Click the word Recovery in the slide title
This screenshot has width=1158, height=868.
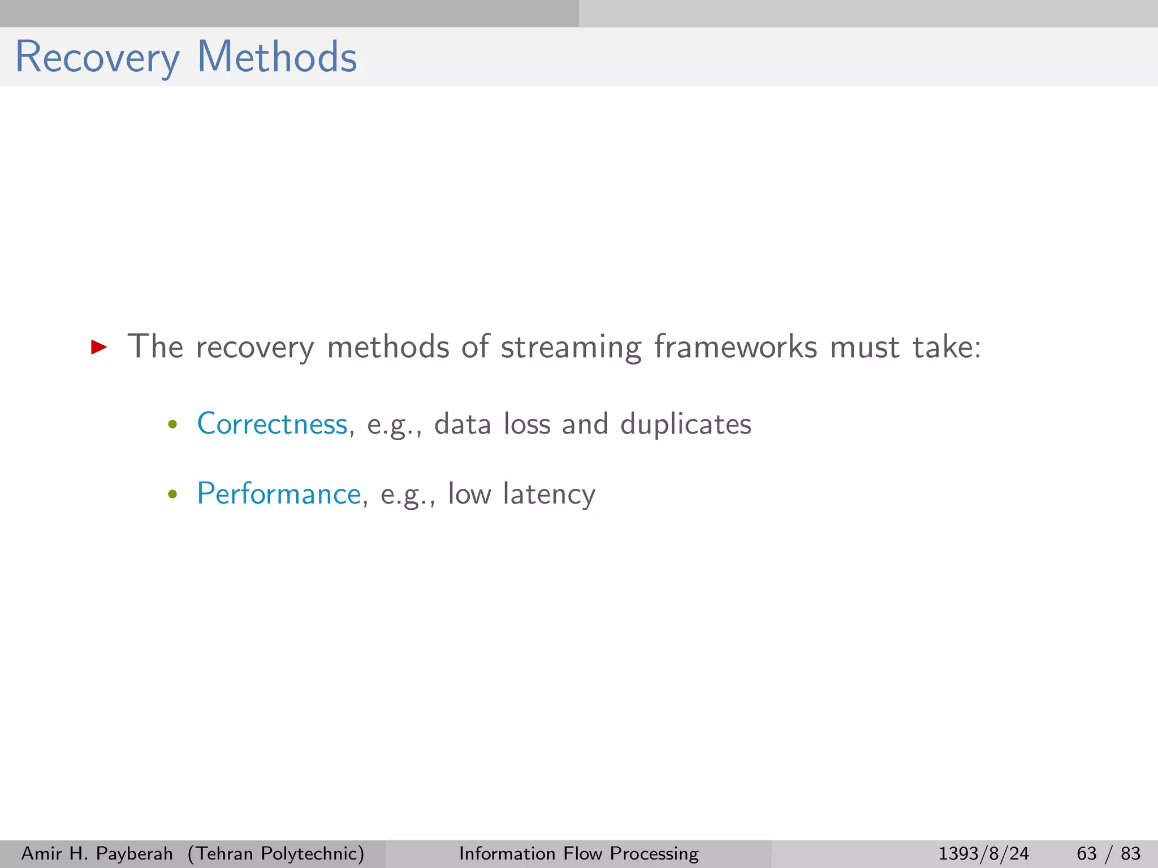click(x=97, y=58)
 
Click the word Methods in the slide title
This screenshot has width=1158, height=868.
click(x=277, y=58)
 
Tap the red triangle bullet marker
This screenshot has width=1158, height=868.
click(x=99, y=347)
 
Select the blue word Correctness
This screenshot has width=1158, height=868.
click(x=272, y=424)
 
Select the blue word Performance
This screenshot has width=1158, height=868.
click(x=279, y=494)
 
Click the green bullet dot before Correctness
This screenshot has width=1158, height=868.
click(x=173, y=425)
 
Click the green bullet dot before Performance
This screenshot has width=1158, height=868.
click(x=173, y=495)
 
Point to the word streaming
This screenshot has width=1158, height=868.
click(x=571, y=347)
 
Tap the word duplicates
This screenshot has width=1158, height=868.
click(x=686, y=424)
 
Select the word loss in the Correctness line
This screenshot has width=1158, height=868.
click(x=527, y=424)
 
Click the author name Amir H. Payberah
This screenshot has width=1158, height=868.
click(x=97, y=853)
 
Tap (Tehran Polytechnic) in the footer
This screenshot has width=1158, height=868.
click(x=276, y=853)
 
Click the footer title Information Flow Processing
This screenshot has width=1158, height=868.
click(x=578, y=853)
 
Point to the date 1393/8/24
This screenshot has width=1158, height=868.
click(x=983, y=853)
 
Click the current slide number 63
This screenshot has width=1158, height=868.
click(x=1086, y=853)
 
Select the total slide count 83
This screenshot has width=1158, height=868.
click(x=1130, y=853)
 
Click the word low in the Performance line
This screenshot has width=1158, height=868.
click(x=469, y=494)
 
